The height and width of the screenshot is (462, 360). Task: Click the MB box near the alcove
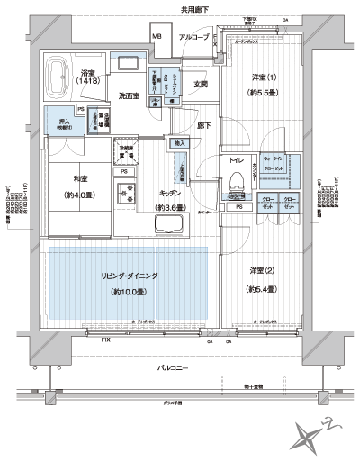click(157, 37)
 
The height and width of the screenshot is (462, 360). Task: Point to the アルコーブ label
click(193, 37)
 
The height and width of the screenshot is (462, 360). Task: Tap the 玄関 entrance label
click(200, 85)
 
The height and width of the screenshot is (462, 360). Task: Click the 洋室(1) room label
click(259, 77)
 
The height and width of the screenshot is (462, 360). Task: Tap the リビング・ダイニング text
click(128, 276)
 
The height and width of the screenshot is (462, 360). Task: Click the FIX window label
click(106, 340)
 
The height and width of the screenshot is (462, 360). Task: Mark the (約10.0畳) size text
click(128, 293)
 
